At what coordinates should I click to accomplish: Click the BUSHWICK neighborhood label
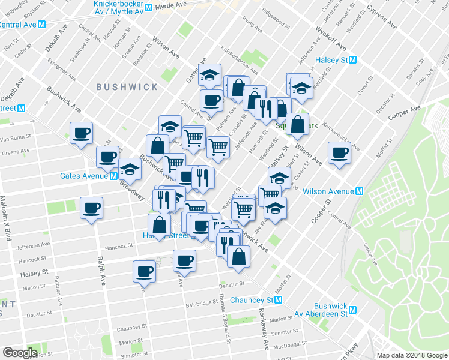pyautogui.click(x=127, y=87)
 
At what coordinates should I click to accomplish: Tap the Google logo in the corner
pyautogui.click(x=20, y=353)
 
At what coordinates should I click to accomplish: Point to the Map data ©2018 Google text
pyautogui.click(x=412, y=355)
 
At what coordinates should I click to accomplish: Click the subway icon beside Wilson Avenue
pyautogui.click(x=360, y=191)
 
